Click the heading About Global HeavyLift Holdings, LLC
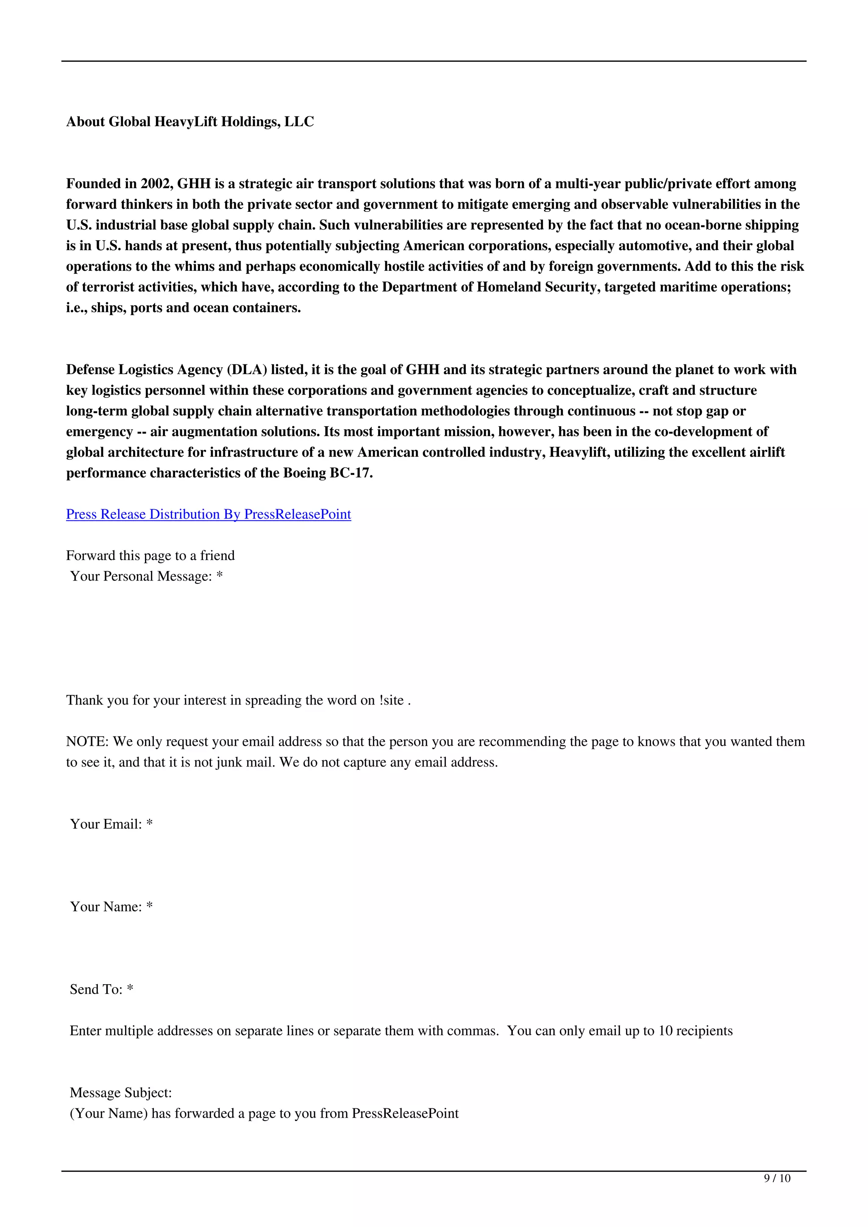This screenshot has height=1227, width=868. pos(190,122)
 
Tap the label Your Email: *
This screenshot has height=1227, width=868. pos(111,824)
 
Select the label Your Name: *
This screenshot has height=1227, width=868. pos(111,906)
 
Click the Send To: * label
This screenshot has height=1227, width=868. pos(102,989)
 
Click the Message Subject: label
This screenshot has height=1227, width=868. pos(121,1092)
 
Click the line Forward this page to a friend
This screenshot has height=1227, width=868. pos(150,555)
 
